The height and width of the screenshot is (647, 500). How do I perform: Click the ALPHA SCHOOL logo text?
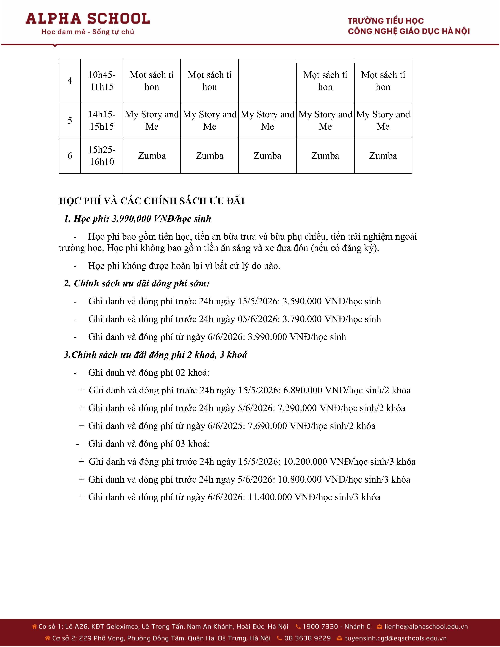pyautogui.click(x=88, y=19)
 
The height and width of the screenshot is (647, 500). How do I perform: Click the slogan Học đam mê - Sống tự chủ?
pyautogui.click(x=88, y=32)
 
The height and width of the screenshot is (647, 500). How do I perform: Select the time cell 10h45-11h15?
pyautogui.click(x=102, y=81)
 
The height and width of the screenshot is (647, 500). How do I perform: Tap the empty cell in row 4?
pyautogui.click(x=267, y=81)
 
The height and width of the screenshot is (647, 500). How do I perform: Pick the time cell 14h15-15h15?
pyautogui.click(x=102, y=120)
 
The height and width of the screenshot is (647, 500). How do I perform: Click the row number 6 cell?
pyautogui.click(x=70, y=156)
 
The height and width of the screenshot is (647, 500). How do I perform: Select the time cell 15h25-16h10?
pyautogui.click(x=102, y=156)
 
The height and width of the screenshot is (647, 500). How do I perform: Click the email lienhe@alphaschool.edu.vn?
pyautogui.click(x=426, y=627)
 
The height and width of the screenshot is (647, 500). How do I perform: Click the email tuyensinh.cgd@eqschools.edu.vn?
pyautogui.click(x=395, y=638)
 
